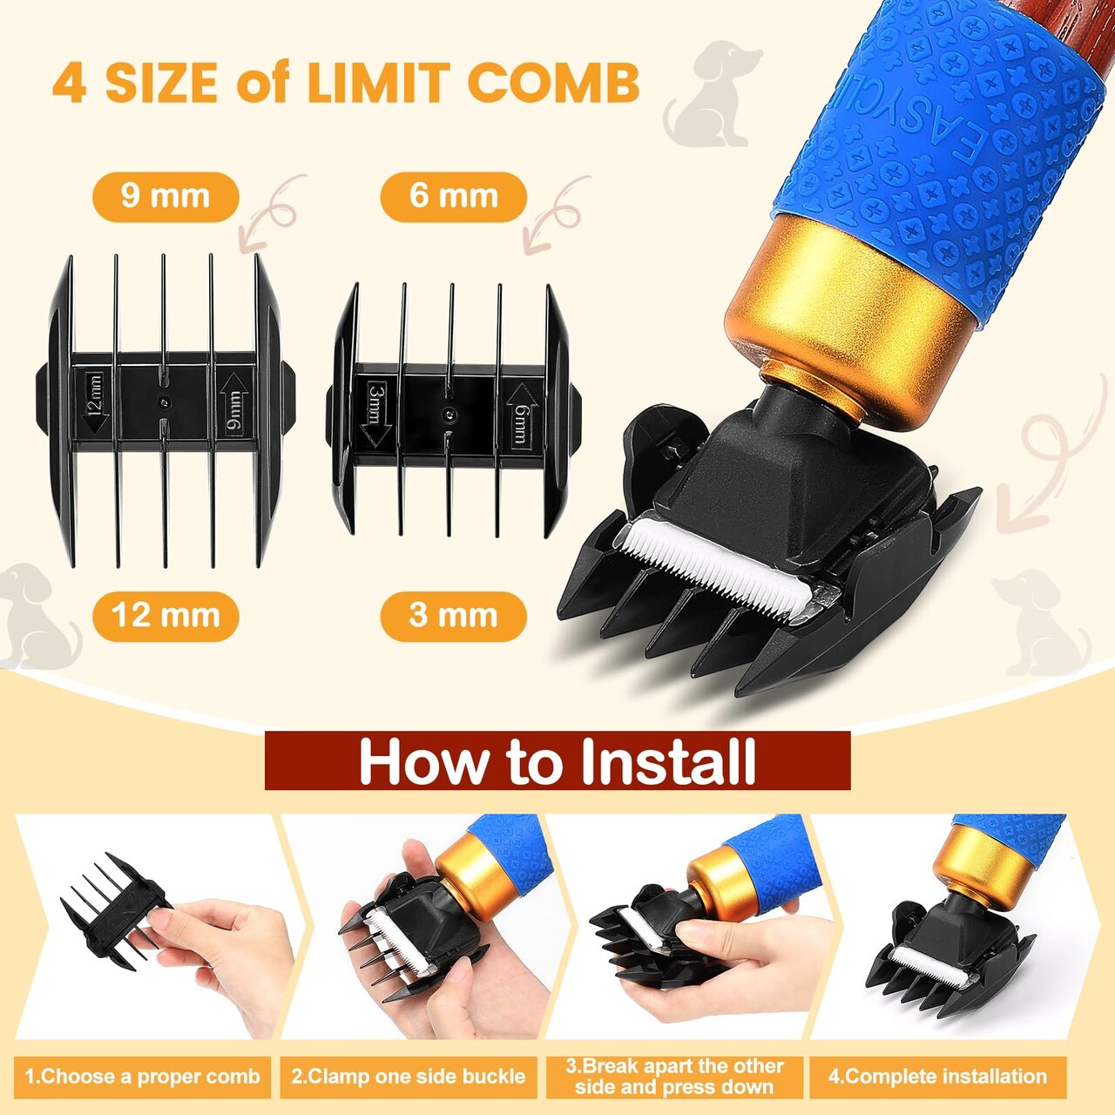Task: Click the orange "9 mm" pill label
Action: click(x=166, y=198)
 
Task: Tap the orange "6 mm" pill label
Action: click(x=453, y=198)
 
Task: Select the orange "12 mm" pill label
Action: click(x=166, y=616)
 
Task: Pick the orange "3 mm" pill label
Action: click(x=453, y=616)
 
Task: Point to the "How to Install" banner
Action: click(x=557, y=760)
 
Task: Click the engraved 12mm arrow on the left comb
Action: click(x=96, y=402)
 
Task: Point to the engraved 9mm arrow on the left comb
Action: click(x=233, y=402)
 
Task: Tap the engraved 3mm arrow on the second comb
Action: click(x=375, y=415)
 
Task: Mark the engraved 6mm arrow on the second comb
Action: click(x=521, y=415)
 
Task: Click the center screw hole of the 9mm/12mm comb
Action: click(x=166, y=400)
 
